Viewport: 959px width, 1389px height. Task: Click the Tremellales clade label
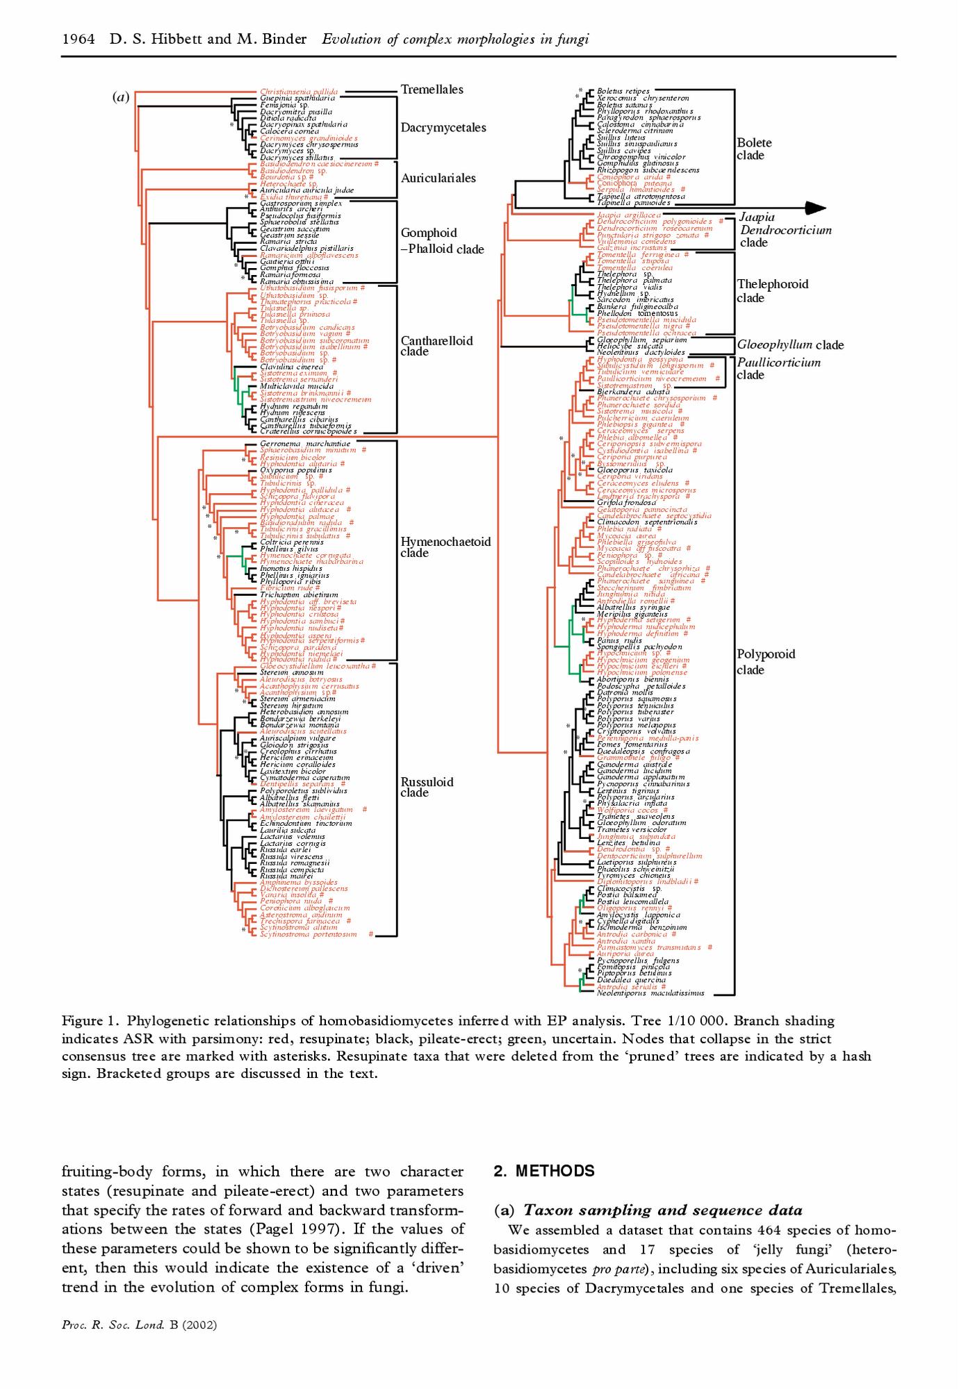click(x=432, y=90)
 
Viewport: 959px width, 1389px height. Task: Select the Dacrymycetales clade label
click(x=443, y=128)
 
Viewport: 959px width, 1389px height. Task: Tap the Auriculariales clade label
click(x=438, y=178)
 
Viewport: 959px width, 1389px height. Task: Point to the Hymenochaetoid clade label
click(x=445, y=547)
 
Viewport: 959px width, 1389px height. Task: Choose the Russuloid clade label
click(x=427, y=787)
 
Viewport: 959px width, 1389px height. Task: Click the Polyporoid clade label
click(x=765, y=662)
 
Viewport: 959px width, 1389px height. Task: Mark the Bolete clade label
click(x=754, y=149)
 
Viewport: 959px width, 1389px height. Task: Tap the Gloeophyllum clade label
click(x=790, y=345)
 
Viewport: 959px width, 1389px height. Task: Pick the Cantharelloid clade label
click(x=436, y=346)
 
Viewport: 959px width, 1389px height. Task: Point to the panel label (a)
click(x=121, y=97)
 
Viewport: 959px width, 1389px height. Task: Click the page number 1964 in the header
click(x=79, y=39)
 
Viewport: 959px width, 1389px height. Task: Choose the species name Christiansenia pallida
click(x=299, y=92)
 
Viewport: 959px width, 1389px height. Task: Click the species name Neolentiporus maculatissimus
click(x=650, y=993)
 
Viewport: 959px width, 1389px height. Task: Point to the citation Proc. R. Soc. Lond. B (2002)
click(x=139, y=1324)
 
